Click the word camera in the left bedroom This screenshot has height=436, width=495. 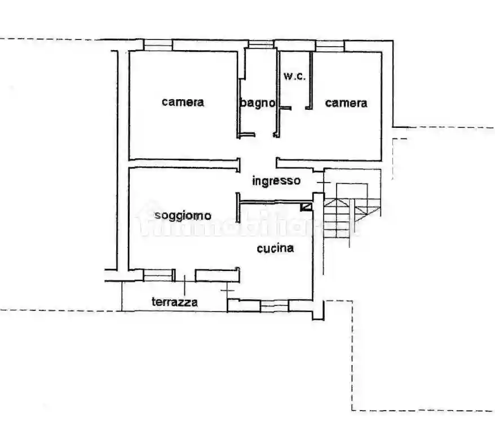tap(183, 102)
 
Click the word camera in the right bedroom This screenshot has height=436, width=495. tap(346, 103)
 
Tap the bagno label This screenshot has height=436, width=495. tap(258, 103)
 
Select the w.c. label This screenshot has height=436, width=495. tap(294, 76)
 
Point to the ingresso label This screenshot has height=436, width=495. tap(276, 181)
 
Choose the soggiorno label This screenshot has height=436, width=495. tap(183, 215)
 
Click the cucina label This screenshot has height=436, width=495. tap(276, 248)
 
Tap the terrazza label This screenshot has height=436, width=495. tap(175, 302)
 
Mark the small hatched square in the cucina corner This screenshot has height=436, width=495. tap(306, 207)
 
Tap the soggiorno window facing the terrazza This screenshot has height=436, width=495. tap(158, 275)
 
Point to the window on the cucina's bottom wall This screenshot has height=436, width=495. tap(274, 305)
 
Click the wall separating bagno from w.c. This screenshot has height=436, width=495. tap(278, 93)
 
